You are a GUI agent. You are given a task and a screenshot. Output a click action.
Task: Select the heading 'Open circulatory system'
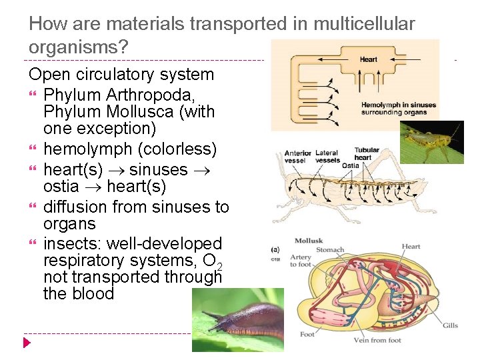coord(121,75)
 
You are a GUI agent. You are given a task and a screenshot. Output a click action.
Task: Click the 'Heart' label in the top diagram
coord(368,59)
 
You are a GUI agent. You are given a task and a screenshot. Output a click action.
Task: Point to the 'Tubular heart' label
coord(367,153)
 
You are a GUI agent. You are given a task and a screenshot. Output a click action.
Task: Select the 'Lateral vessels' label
coord(327,157)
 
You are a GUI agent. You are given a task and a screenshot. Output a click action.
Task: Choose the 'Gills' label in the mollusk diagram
coord(450,325)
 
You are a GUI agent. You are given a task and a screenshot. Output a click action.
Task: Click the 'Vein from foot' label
coord(377,341)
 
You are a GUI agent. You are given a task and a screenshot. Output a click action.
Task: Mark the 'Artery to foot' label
coord(301,261)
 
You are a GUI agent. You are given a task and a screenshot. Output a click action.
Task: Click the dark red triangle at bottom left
coord(27,343)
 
